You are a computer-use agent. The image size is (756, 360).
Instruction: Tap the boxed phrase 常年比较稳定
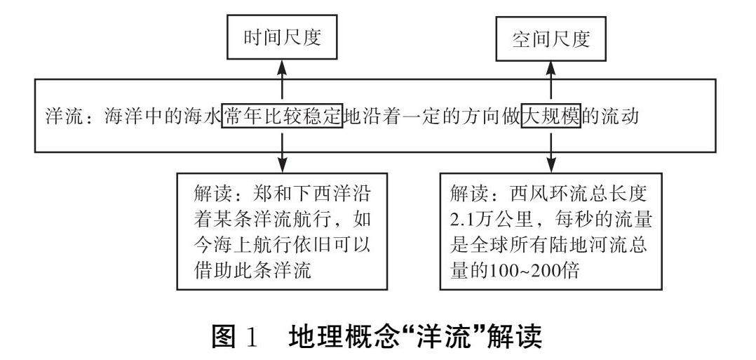point(282,115)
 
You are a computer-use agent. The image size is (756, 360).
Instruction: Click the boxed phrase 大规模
point(551,115)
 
